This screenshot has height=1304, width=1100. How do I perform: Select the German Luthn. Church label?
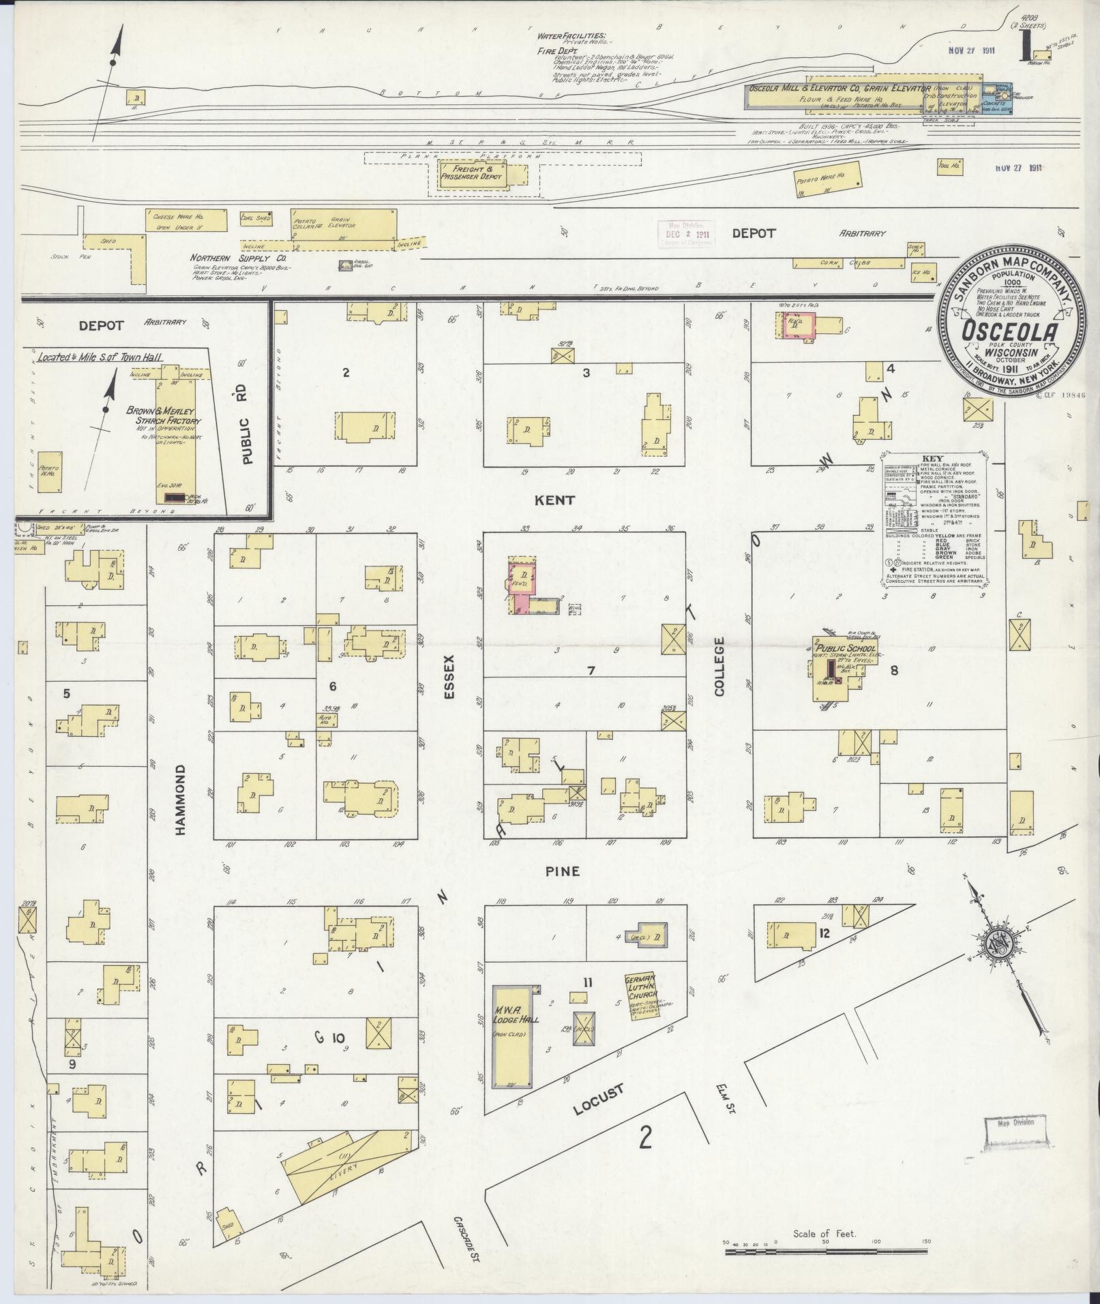click(x=640, y=987)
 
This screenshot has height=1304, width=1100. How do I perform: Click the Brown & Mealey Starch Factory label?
click(x=160, y=416)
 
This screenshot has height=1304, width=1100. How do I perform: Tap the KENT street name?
click(x=555, y=500)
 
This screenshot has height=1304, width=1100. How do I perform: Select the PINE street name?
click(x=563, y=870)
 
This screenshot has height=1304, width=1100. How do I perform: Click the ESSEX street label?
click(x=448, y=678)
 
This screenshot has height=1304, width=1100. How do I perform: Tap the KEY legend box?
click(x=932, y=518)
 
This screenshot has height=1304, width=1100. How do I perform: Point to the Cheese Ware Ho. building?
click(x=184, y=219)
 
